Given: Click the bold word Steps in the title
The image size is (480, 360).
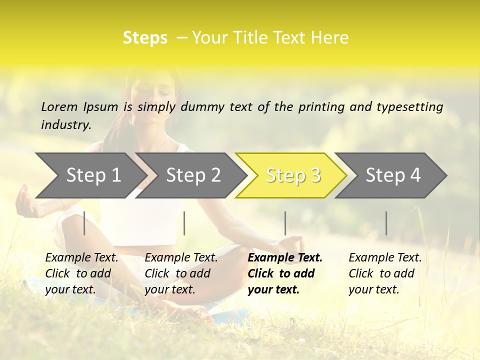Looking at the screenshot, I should coord(145,38).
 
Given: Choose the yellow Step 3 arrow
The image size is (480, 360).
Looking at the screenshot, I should coord(293,175).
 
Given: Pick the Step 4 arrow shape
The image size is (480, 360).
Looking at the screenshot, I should coord(393,175).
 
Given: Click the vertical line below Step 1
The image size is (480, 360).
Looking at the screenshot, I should coord(84,223).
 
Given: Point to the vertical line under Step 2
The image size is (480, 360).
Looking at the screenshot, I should coord(184,223).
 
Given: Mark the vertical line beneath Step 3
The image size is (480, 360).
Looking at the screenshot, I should coord(285,223).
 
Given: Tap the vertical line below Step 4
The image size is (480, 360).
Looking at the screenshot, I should coord(386,223).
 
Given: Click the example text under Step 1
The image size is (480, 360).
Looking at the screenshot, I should coord(81,273).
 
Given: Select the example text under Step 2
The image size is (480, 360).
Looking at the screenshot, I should coord(181,273).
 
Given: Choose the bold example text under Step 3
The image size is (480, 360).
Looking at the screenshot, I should coord(284,273).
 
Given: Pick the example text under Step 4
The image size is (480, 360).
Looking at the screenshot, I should coord(385,273).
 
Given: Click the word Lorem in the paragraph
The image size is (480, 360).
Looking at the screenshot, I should coord(59,106).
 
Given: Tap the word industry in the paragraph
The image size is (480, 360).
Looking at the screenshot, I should coord(66,124).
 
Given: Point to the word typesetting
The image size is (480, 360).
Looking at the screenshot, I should coord(413,106).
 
